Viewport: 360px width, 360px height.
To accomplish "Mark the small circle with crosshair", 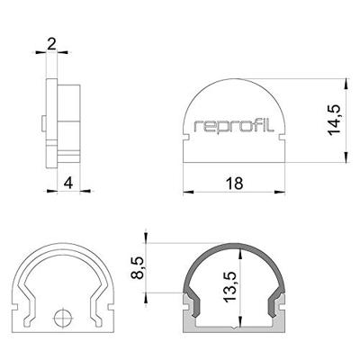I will point(62,318).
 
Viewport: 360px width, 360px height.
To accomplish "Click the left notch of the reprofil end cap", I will point(186,139).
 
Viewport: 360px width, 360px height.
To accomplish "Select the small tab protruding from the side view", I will point(42,121).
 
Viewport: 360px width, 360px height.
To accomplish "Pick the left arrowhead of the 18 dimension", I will point(187,192).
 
